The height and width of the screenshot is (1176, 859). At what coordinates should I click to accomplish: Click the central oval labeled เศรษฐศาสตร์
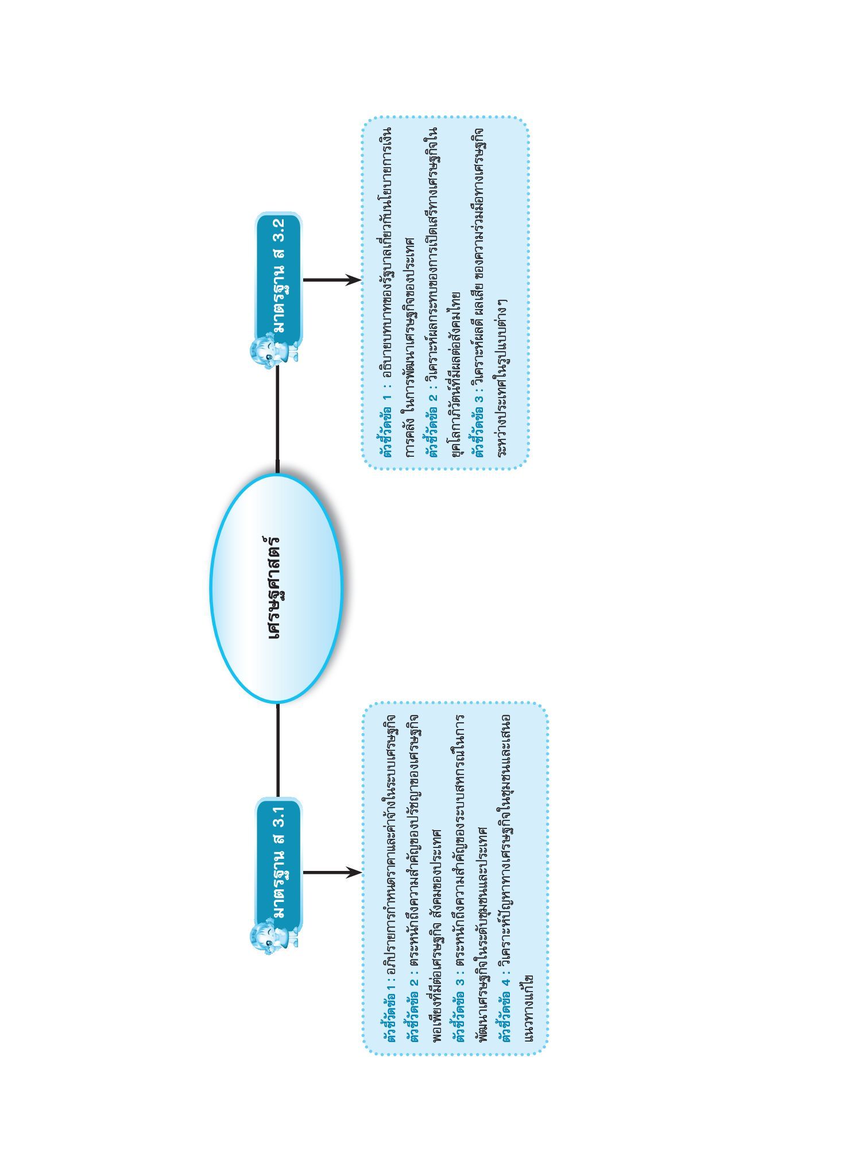click(x=277, y=588)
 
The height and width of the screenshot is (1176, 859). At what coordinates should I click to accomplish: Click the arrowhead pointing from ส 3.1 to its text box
click(x=353, y=873)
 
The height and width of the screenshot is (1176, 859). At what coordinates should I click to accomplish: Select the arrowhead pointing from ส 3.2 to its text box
click(x=353, y=280)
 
